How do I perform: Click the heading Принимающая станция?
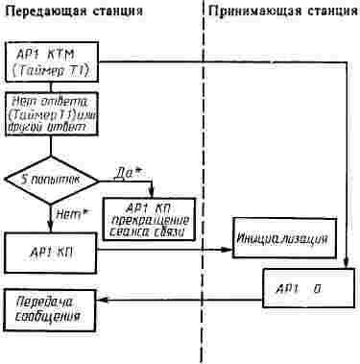click(x=283, y=12)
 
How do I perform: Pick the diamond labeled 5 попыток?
click(x=47, y=179)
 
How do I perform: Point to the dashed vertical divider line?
click(x=203, y=192)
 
